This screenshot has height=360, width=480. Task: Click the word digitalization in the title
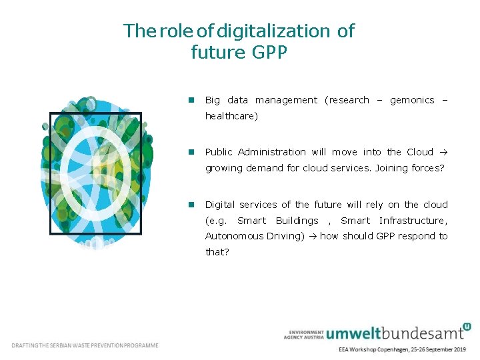pos(273,31)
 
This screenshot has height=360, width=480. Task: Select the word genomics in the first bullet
pos(412,100)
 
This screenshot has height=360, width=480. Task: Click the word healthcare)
pos(231,116)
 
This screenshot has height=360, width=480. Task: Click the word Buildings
pos(297,221)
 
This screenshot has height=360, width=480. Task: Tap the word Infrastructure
pos(413,221)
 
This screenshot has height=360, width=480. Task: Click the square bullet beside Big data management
pos(190,100)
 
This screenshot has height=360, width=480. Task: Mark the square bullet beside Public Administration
pos(190,152)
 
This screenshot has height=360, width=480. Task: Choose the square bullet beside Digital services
pos(190,205)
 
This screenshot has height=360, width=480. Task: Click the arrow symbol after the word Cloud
pos(444,152)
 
